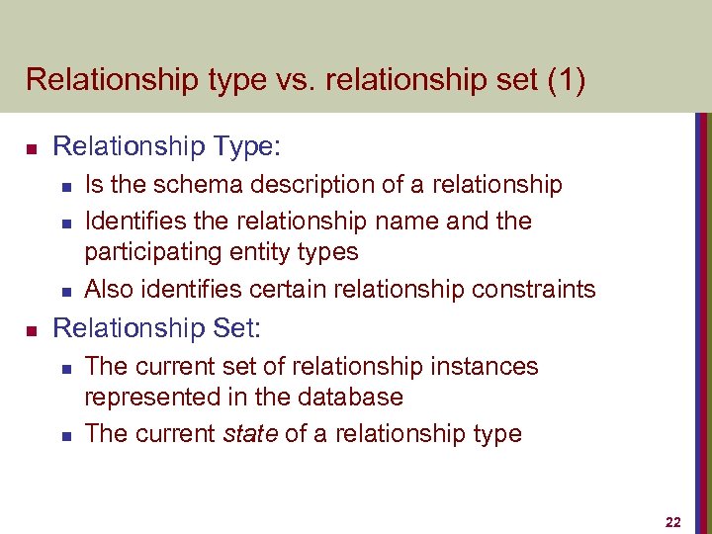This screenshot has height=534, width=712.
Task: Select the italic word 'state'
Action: click(251, 433)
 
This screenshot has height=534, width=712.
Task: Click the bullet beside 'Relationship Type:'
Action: click(31, 149)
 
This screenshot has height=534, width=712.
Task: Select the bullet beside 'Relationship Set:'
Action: click(31, 329)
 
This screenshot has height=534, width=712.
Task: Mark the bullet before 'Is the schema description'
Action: click(64, 187)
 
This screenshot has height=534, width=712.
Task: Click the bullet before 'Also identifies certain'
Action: click(64, 291)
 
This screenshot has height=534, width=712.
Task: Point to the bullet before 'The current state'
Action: click(64, 435)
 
